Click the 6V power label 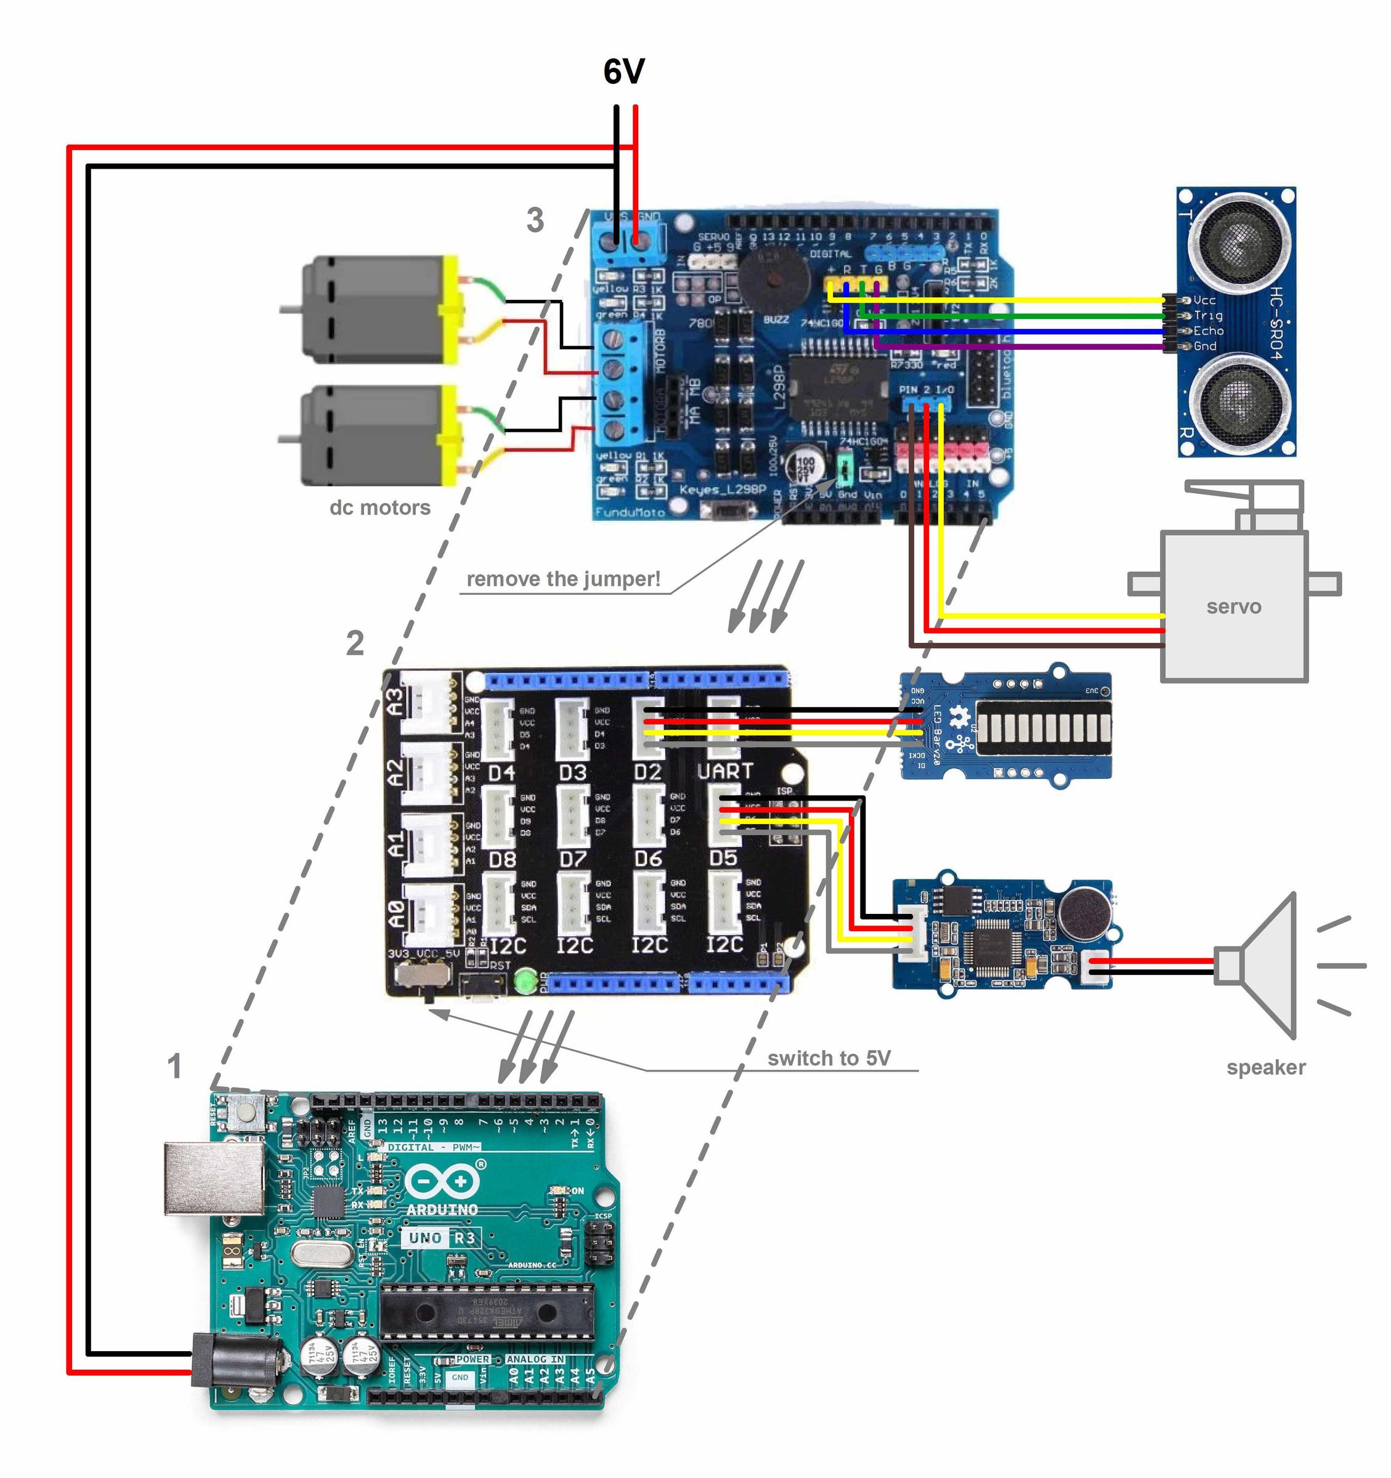pos(623,72)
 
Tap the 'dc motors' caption pos(380,508)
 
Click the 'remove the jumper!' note pos(563,579)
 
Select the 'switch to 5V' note pos(829,1058)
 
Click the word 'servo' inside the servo pos(1233,607)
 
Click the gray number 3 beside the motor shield pos(535,221)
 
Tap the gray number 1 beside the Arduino pos(174,1067)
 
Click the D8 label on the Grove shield pos(502,860)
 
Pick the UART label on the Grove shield pos(725,772)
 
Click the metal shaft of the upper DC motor pos(291,308)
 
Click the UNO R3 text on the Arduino pos(441,1238)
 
